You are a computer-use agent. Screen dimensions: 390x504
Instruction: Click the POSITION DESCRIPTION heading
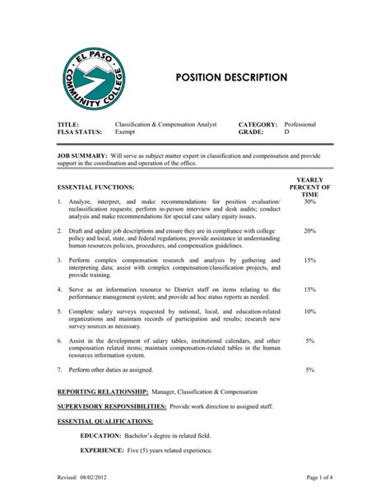click(x=231, y=77)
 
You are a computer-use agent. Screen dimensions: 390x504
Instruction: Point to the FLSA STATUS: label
click(x=80, y=132)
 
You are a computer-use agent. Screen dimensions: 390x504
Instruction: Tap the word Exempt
click(x=126, y=132)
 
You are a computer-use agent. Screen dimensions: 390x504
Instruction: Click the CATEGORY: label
click(x=258, y=124)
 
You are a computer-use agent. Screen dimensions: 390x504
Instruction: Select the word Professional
click(x=300, y=124)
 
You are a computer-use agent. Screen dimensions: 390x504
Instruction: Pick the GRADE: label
click(x=250, y=132)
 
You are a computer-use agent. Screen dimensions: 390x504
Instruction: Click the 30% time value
click(x=309, y=201)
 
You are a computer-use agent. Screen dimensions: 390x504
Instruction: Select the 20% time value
click(x=309, y=231)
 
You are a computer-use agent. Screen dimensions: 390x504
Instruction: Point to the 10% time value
click(x=309, y=312)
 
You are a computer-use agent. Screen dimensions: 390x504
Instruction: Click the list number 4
click(x=59, y=289)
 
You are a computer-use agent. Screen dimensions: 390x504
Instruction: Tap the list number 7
click(x=59, y=370)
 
